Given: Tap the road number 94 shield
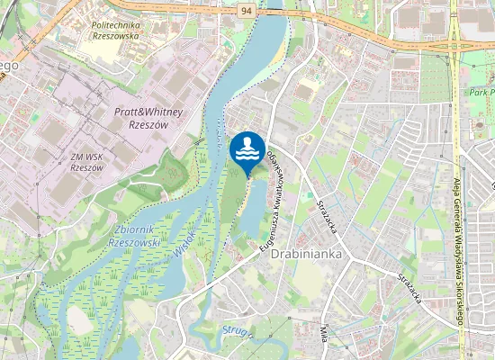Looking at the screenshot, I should tap(247, 10).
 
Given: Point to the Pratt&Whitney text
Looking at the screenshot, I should tap(148, 112).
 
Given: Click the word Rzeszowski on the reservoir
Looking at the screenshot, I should tap(133, 242).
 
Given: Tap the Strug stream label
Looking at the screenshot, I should tap(232, 330).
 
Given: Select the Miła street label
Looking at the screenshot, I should tap(323, 340).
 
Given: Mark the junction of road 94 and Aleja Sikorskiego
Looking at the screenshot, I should tap(455, 44).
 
